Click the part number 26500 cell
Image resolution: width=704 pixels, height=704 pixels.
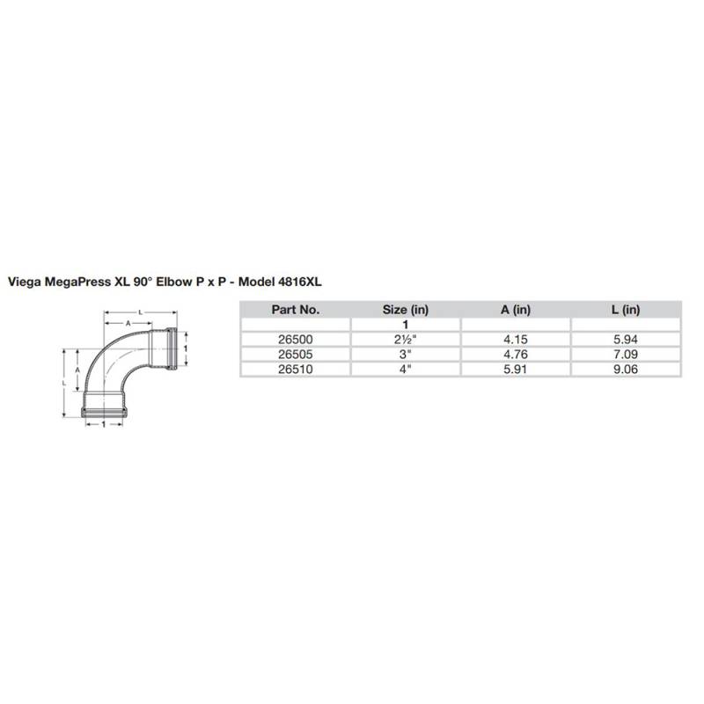[x=295, y=340]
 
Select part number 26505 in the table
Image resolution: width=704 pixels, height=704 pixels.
[x=295, y=355]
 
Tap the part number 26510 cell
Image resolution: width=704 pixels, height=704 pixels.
[x=295, y=369]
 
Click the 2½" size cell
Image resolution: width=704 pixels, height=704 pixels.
[x=406, y=340]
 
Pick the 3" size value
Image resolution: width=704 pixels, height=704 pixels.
[x=406, y=355]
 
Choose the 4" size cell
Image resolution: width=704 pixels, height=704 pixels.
[x=406, y=369]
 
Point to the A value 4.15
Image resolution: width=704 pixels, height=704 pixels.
[x=516, y=340]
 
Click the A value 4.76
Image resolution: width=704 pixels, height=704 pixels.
[x=516, y=355]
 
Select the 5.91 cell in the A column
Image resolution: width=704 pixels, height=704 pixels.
[x=516, y=369]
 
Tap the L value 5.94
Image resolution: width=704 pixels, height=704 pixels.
[x=626, y=340]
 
